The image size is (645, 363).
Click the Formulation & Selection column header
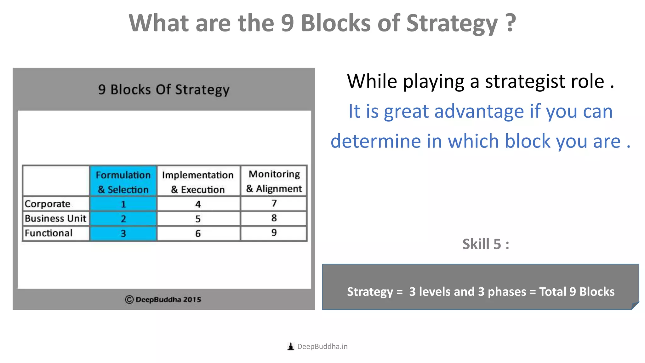(123, 182)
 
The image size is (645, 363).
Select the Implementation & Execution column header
(198, 182)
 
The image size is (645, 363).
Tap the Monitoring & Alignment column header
(274, 181)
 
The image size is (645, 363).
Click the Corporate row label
(48, 204)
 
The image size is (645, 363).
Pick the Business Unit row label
(55, 218)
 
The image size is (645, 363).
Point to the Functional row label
(49, 233)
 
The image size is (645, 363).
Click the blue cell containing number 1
(123, 204)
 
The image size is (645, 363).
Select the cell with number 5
(198, 219)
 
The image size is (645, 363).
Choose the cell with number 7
(274, 204)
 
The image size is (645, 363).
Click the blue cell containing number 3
(123, 233)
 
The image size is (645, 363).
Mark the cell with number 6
(198, 233)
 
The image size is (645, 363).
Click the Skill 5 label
(485, 244)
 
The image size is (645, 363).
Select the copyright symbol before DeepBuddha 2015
(129, 300)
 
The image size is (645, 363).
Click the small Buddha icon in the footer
(291, 347)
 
